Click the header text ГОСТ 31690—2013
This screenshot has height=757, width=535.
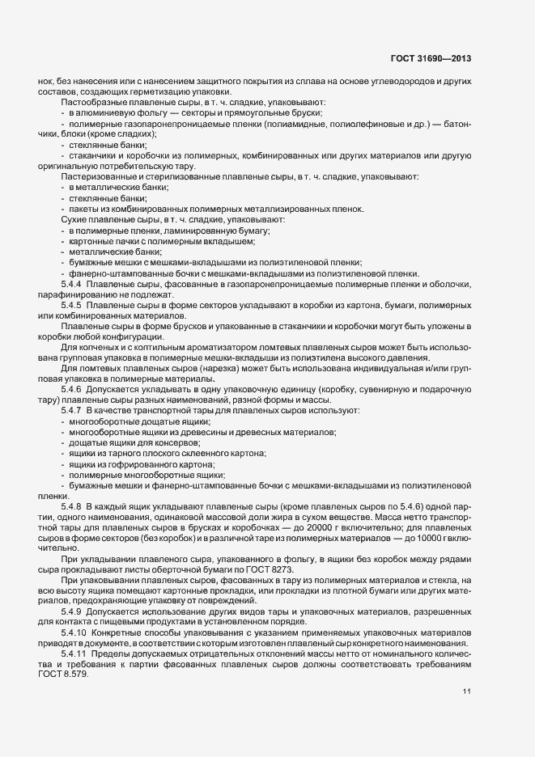click(x=431, y=59)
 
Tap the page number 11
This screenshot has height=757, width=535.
click(x=466, y=691)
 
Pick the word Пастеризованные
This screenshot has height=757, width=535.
click(x=97, y=176)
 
